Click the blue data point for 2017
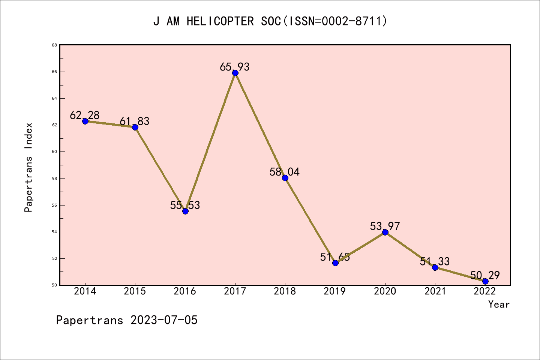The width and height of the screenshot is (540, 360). pos(235,73)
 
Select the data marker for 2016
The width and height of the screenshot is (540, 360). pos(185,211)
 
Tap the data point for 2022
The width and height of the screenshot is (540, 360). pos(485,281)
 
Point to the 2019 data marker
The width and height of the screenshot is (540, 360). pos(335,263)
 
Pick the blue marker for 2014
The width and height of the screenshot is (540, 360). pos(85,121)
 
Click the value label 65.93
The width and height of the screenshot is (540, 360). pos(234,67)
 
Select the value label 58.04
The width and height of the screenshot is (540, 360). pos(285,172)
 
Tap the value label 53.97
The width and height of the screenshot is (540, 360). pos(385,226)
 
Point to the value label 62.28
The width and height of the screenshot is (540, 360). pos(85,115)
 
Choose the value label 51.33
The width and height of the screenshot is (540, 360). pos(435,262)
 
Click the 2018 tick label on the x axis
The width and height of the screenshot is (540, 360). pos(285,291)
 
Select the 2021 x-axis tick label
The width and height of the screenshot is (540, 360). pos(435,291)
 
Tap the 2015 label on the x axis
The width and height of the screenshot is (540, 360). pos(135,291)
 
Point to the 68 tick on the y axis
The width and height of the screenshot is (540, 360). pos(54,45)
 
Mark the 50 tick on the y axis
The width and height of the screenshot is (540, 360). pos(54,285)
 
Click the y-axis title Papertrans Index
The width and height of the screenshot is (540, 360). pos(28,167)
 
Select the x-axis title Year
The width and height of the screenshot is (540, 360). pos(499,304)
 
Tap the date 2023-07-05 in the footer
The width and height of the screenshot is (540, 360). pos(164,320)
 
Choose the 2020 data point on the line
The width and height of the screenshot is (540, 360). pos(385,232)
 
